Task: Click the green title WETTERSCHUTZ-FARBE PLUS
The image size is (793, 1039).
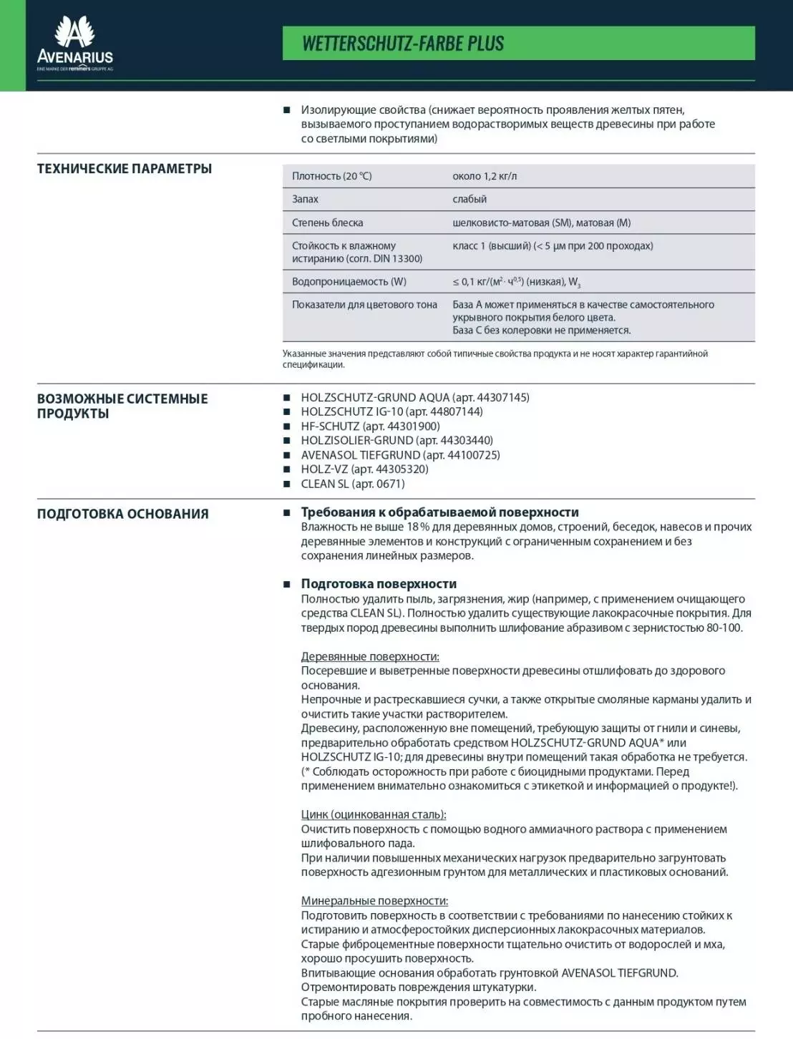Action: click(x=403, y=44)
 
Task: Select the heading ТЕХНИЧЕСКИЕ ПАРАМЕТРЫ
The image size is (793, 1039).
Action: click(x=125, y=169)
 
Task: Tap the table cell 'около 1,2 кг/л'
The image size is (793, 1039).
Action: click(x=485, y=176)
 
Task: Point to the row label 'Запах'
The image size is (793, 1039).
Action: click(x=305, y=199)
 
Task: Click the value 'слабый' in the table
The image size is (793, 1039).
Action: click(x=470, y=199)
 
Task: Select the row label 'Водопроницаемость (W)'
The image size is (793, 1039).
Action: click(x=349, y=281)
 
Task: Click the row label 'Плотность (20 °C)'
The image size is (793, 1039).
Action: click(x=331, y=176)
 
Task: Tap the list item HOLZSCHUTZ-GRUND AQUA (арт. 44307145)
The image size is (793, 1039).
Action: click(x=415, y=397)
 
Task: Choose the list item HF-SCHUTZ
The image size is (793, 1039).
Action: click(x=370, y=426)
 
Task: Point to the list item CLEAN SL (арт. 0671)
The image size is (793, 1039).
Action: click(x=353, y=484)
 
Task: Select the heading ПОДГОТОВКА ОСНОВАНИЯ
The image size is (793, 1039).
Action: click(x=123, y=514)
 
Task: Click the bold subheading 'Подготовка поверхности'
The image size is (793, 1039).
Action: click(x=379, y=584)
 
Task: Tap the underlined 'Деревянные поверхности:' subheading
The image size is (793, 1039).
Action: click(x=370, y=656)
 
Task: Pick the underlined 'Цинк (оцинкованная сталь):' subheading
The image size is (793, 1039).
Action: click(x=374, y=814)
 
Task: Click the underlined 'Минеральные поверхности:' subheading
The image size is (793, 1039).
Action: click(x=374, y=901)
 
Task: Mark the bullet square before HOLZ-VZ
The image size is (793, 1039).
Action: click(x=287, y=469)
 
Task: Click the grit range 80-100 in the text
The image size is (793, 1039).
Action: click(x=724, y=628)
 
